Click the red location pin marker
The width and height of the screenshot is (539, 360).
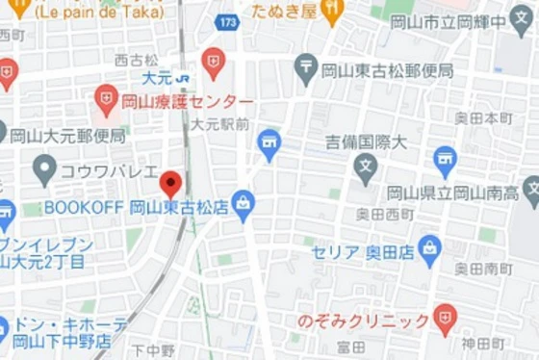pyautogui.click(x=170, y=183)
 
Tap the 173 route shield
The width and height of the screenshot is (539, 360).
pyautogui.click(x=227, y=20)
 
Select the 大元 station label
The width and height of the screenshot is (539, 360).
pyautogui.click(x=157, y=78)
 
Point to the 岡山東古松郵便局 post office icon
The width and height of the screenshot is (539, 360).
pyautogui.click(x=307, y=68)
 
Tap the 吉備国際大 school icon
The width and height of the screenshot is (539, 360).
pyautogui.click(x=365, y=169)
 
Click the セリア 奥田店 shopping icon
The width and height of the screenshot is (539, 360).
pyautogui.click(x=429, y=249)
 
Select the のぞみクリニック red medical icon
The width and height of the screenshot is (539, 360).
pyautogui.click(x=444, y=319)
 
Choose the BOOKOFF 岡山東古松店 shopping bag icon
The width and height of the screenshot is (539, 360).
pyautogui.click(x=244, y=205)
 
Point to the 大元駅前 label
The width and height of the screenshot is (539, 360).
pyautogui.click(x=219, y=124)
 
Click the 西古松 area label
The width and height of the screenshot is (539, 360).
pyautogui.click(x=135, y=60)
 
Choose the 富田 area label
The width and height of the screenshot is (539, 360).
pyautogui.click(x=351, y=346)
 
